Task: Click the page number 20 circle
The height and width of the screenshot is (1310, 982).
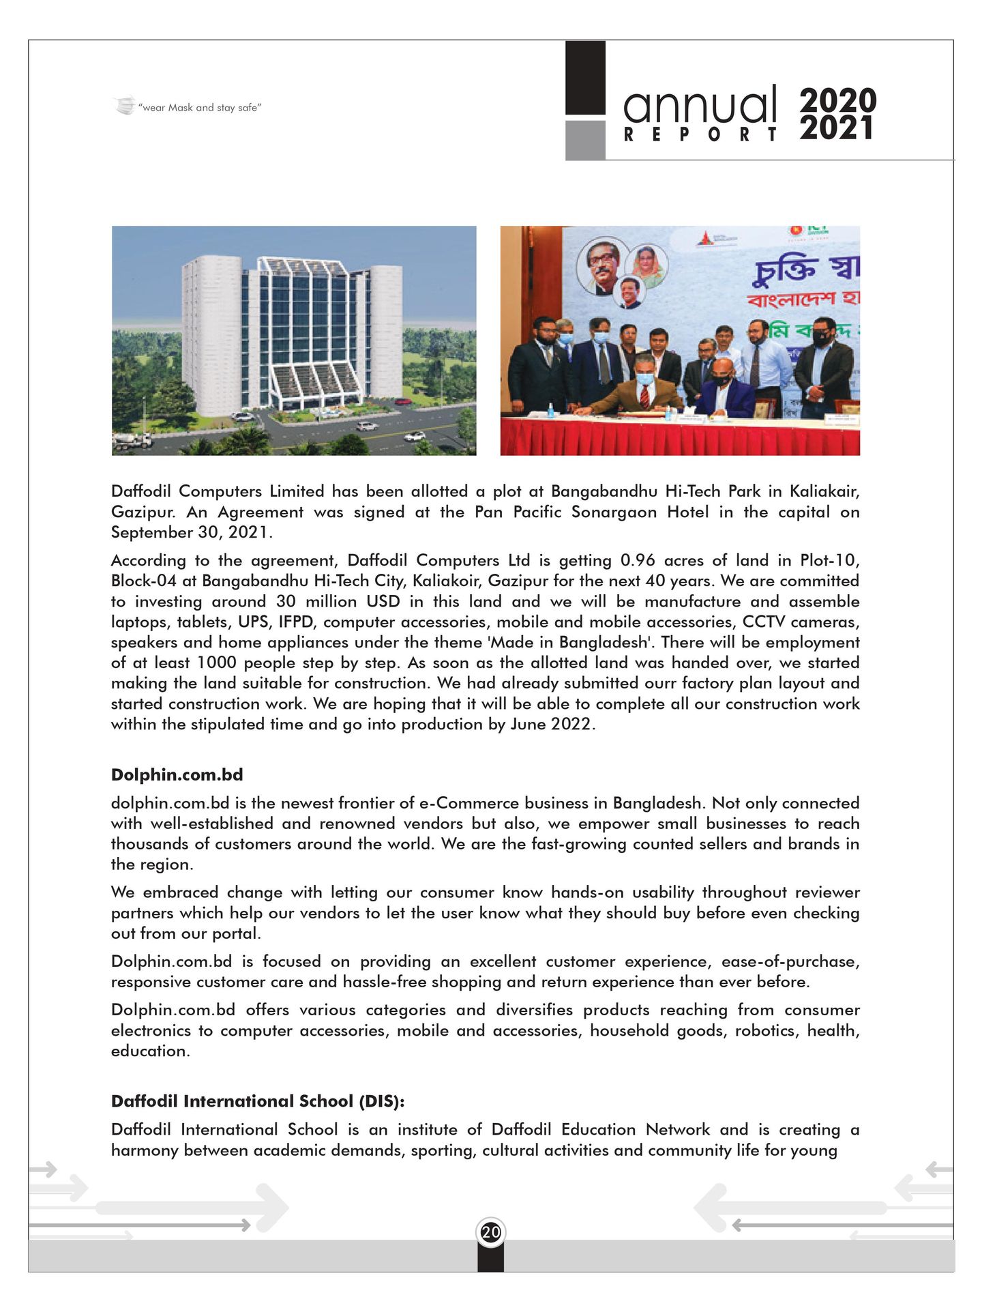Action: click(x=490, y=1232)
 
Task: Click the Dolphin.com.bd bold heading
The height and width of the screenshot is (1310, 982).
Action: click(x=177, y=775)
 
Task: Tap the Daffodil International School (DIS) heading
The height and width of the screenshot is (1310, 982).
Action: click(x=258, y=1101)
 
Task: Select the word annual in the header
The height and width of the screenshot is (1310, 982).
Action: click(x=700, y=106)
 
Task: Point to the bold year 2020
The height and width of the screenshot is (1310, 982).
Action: click(x=838, y=100)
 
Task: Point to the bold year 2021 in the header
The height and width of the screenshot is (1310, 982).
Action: click(x=837, y=128)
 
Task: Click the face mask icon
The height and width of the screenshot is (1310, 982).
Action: click(x=124, y=106)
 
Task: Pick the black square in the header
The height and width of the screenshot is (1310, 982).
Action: click(x=585, y=77)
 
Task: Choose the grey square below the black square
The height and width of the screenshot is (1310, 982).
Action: click(x=585, y=140)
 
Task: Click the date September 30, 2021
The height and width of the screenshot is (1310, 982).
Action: click(x=191, y=532)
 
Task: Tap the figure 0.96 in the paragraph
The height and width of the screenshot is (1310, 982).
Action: click(x=637, y=560)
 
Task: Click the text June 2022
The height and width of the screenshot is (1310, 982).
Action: click(x=552, y=724)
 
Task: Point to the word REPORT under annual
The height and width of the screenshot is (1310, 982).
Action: click(x=700, y=134)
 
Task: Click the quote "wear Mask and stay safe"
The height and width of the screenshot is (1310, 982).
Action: click(x=199, y=108)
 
